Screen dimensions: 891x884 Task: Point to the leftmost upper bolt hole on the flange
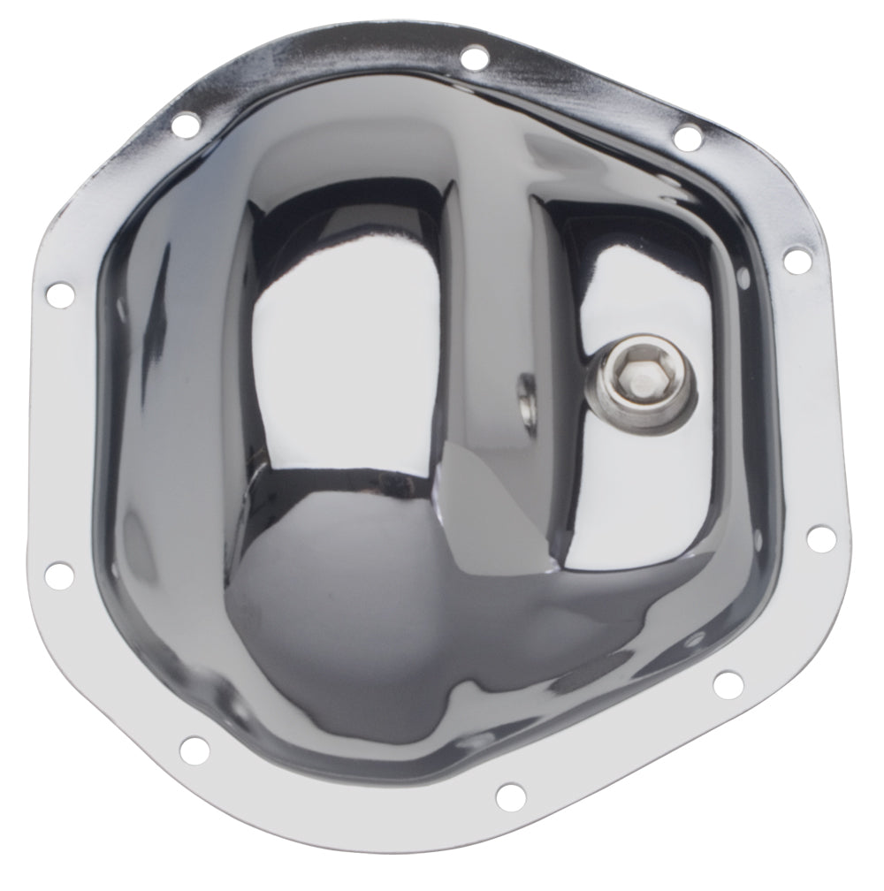tap(60, 294)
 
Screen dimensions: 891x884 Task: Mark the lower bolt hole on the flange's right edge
tap(819, 537)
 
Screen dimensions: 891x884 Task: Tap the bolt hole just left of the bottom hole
tap(194, 750)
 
